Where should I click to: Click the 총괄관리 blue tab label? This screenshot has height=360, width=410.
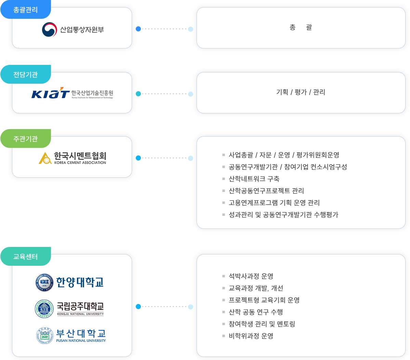click(25, 10)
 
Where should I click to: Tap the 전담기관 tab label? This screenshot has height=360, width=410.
click(25, 74)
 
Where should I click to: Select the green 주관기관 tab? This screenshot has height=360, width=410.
click(25, 139)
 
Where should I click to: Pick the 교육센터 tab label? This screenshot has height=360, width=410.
click(25, 257)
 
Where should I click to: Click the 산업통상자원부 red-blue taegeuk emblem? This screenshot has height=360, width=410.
click(49, 29)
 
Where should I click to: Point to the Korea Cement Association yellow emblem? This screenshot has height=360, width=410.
click(45, 158)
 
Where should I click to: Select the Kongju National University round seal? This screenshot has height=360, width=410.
click(44, 308)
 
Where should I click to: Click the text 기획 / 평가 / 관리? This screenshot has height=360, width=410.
click(301, 92)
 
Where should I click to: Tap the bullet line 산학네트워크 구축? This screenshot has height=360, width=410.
click(254, 179)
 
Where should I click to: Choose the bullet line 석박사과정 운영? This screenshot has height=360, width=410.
click(251, 276)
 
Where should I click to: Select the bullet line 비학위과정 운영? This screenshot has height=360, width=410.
click(251, 336)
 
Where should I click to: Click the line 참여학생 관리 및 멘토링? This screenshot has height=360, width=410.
click(262, 324)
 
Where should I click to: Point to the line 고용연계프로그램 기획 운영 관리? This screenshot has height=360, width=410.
click(274, 203)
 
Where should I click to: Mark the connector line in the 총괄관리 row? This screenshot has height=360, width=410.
click(164, 29)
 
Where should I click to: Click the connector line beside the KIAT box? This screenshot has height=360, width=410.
click(164, 94)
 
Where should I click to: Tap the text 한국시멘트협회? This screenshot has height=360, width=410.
click(80, 156)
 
